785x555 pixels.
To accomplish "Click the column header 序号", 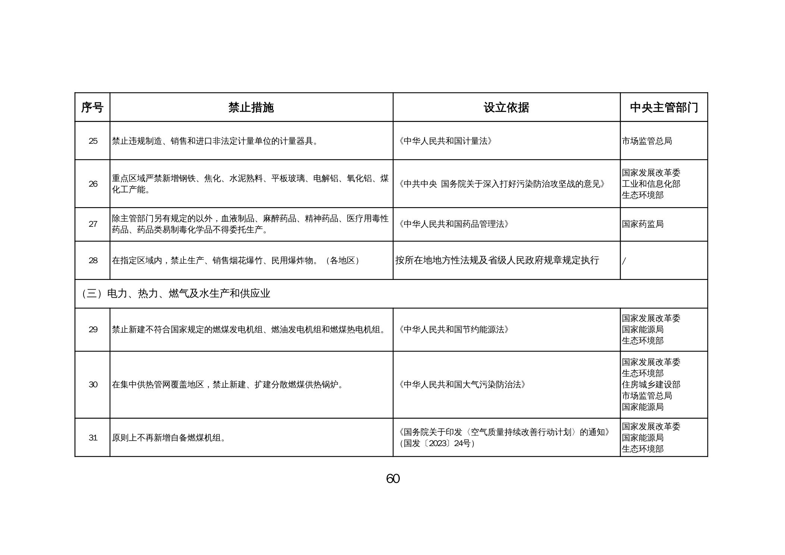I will click(92, 107).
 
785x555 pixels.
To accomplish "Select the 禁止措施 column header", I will click(251, 107).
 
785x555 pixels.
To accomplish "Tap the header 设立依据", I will click(506, 107).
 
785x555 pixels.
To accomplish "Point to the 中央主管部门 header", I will click(664, 107).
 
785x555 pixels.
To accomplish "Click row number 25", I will click(93, 141).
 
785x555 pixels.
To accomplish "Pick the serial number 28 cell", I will click(93, 261).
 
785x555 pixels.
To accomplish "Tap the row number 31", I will click(93, 438).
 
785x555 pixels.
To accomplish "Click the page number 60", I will click(393, 479).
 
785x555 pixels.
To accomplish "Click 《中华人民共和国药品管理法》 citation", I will click(453, 224).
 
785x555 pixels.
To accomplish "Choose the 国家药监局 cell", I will click(643, 224).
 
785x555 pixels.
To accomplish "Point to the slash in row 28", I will click(624, 261).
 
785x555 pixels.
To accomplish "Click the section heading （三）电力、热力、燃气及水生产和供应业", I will click(176, 294).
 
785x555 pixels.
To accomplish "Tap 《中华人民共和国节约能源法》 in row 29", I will click(453, 330).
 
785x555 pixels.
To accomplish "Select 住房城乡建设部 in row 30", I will click(651, 384).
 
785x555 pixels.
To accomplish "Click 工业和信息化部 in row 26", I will click(651, 184).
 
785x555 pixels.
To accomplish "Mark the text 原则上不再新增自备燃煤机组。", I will click(169, 438).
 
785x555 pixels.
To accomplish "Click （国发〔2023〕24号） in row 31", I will click(437, 443).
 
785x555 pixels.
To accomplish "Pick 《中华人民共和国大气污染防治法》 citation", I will click(462, 384).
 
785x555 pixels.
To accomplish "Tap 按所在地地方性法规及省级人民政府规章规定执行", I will click(497, 261).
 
